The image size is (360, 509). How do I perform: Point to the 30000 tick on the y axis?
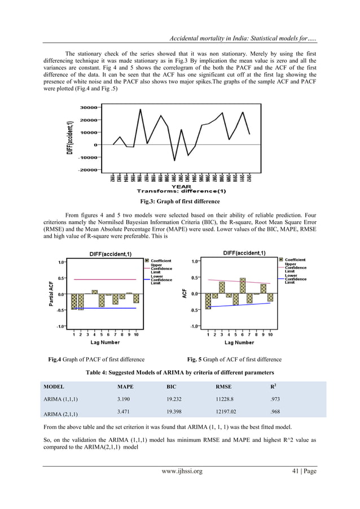[90, 106]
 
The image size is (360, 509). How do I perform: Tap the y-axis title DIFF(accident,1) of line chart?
[69, 137]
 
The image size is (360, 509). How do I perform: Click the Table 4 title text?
[179, 373]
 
